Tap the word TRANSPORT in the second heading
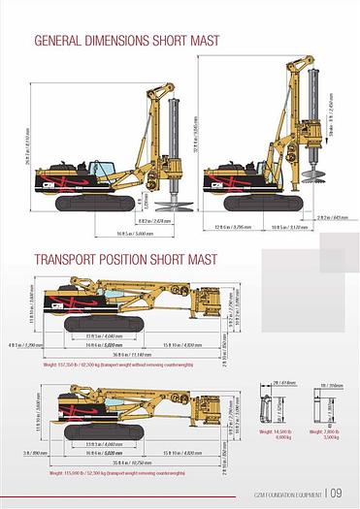[69, 259]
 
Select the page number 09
[337, 493]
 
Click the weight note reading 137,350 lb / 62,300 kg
[107, 366]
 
